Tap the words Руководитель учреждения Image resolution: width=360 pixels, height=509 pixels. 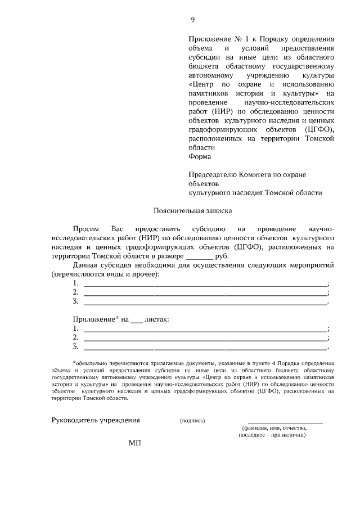click(x=96, y=420)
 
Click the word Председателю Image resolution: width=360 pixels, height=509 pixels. click(x=213, y=174)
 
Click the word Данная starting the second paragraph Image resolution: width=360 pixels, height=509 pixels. click(x=85, y=265)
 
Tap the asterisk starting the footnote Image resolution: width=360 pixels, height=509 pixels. click(x=74, y=363)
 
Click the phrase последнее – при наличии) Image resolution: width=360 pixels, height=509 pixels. click(x=272, y=435)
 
